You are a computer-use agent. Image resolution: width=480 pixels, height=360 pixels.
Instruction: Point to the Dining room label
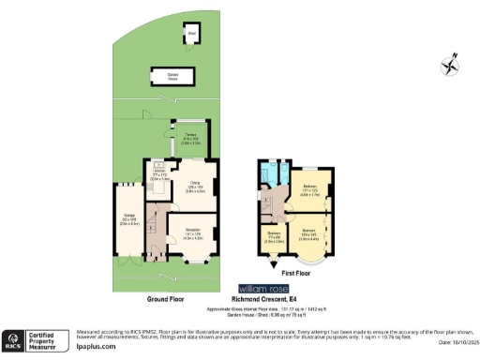[196, 187]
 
